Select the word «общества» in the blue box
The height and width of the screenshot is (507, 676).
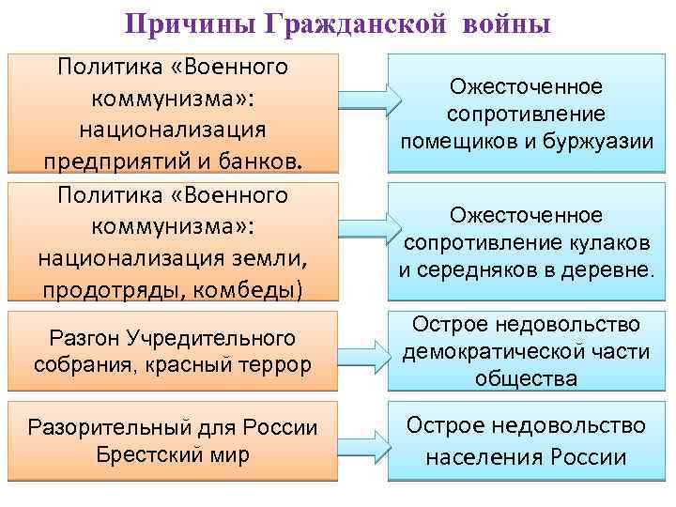[526, 377]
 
